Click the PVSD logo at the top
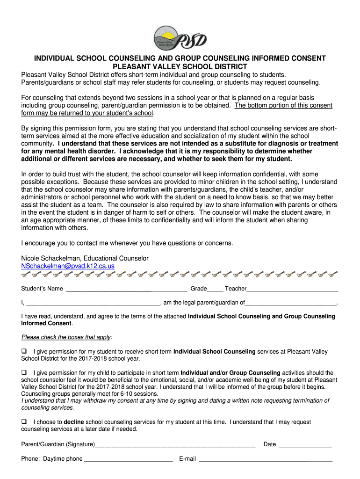[x=180, y=37]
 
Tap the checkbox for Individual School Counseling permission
[x=24, y=351]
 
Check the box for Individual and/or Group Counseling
[x=24, y=372]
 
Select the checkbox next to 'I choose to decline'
[x=24, y=421]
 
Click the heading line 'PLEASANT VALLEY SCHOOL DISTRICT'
[x=180, y=66]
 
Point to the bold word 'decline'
[x=74, y=422]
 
